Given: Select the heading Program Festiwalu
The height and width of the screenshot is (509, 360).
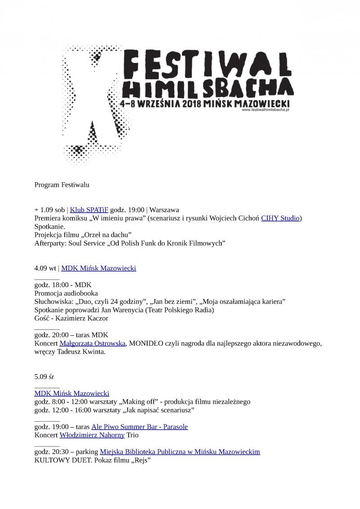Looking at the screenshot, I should pyautogui.click(x=62, y=185).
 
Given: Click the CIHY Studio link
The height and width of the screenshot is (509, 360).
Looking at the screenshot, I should pyautogui.click(x=280, y=218).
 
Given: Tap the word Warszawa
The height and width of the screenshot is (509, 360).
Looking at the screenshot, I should pyautogui.click(x=164, y=210).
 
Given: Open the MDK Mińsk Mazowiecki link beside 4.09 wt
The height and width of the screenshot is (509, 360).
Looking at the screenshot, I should pyautogui.click(x=99, y=268).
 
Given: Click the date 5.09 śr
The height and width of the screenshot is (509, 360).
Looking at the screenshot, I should pyautogui.click(x=44, y=376).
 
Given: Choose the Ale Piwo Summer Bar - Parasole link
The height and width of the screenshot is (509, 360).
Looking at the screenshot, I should pyautogui.click(x=139, y=427).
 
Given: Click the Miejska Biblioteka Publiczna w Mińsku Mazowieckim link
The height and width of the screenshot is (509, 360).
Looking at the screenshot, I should pyautogui.click(x=180, y=452).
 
